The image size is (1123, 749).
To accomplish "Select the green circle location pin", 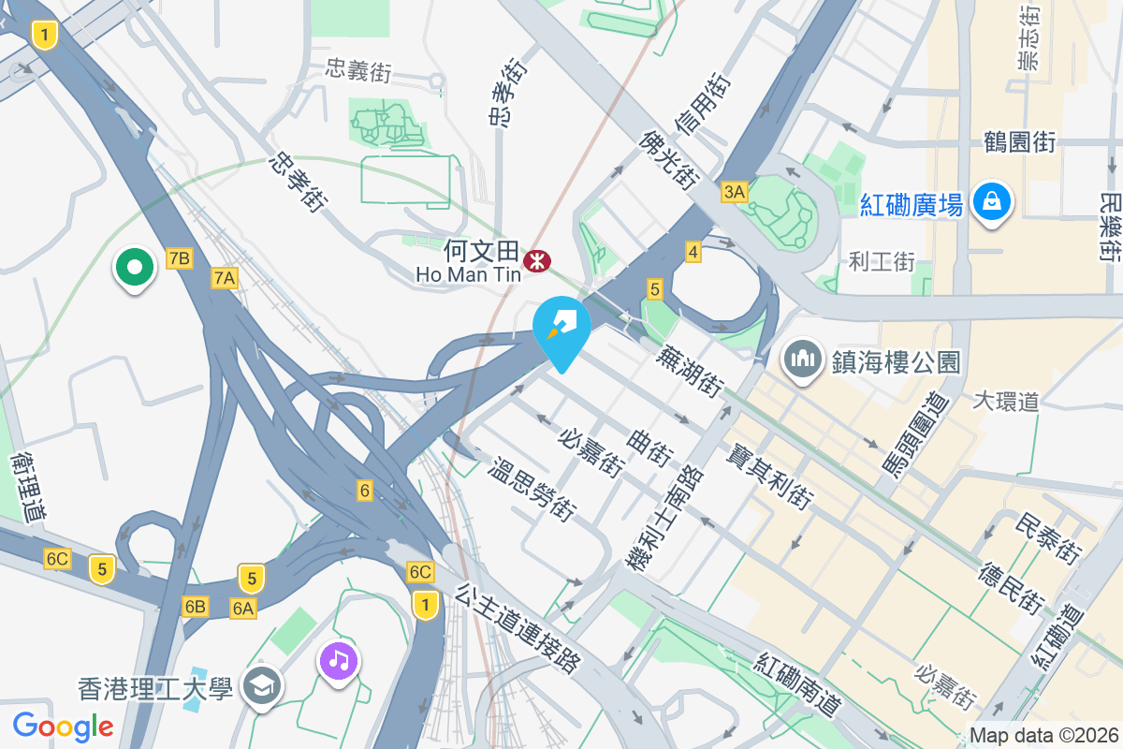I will point(135,268).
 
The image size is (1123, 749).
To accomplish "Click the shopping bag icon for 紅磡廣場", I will point(990,200).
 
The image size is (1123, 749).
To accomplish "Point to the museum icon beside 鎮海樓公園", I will point(802,360).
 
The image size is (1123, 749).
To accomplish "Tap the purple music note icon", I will point(339,661).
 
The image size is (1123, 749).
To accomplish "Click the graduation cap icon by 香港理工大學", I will point(259,688).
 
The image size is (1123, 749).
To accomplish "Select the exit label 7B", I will point(179,258).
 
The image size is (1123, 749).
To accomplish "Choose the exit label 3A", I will point(734,192).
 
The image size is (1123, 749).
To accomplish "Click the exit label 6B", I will point(195,607).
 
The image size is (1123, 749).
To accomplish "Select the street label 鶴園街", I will point(1020,142).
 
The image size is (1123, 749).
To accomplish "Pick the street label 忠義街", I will point(358,70).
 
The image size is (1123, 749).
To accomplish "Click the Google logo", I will point(63,726).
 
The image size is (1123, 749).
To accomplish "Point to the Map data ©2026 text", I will point(1043,736).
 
